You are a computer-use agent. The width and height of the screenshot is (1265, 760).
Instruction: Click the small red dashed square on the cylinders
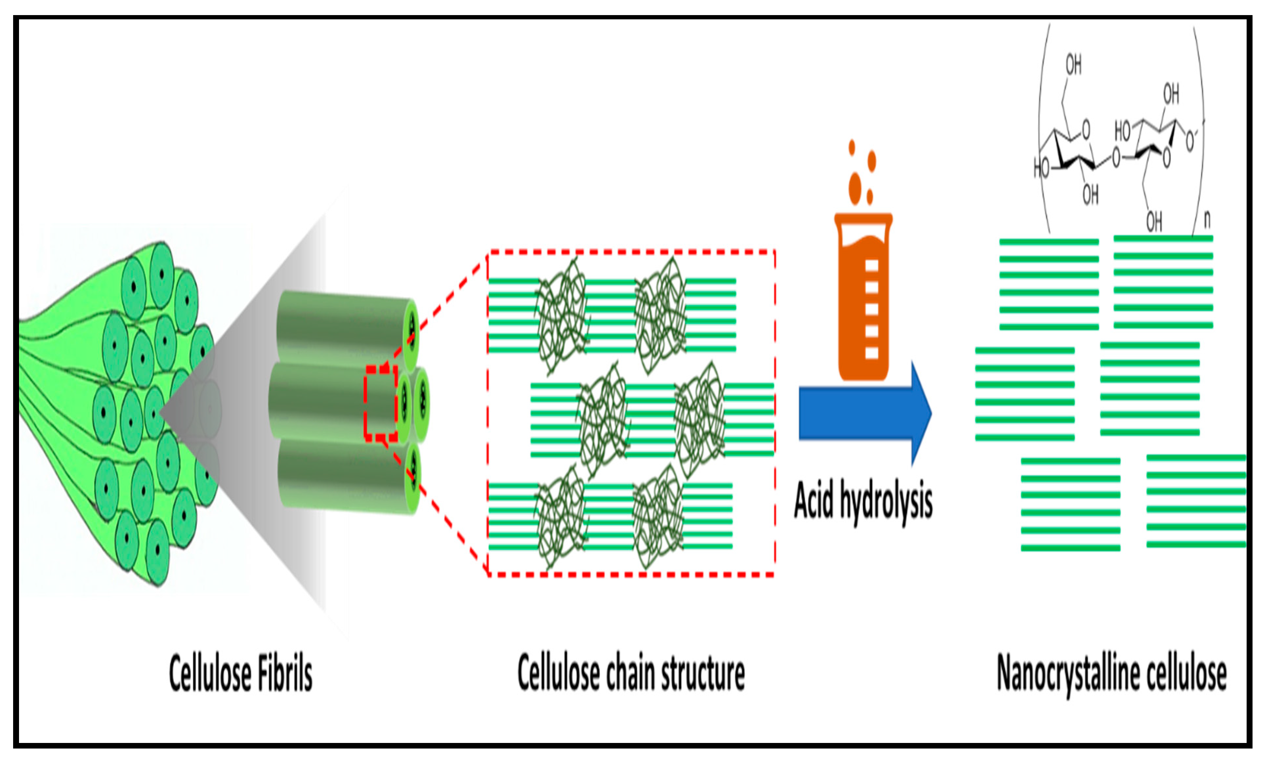(380, 403)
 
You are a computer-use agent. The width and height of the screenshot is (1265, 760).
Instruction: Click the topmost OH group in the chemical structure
(1073, 65)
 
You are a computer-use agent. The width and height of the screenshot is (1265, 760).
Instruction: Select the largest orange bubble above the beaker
(855, 189)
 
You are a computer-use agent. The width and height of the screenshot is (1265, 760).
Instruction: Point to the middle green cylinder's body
(318, 402)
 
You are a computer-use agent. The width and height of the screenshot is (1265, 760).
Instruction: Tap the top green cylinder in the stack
(338, 328)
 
